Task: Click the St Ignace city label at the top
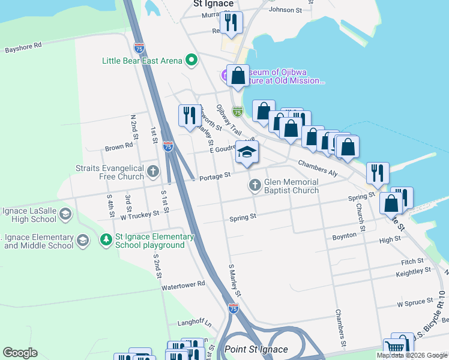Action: [x=213, y=4]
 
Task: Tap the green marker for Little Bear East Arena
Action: [x=191, y=60]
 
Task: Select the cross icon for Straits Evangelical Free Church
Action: [x=153, y=172]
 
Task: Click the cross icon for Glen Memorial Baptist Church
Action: [x=255, y=185]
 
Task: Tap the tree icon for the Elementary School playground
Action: [x=106, y=240]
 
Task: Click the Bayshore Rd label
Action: [x=23, y=46]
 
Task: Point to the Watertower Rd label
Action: [x=183, y=284]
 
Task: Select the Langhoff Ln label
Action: [x=191, y=323]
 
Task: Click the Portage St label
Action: [x=215, y=175]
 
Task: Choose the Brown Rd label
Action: [x=118, y=146]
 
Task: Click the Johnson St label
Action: [x=285, y=10]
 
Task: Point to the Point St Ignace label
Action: [x=256, y=349]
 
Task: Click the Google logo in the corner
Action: [x=20, y=353]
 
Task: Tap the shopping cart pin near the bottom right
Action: [x=395, y=346]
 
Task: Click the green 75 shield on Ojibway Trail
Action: [x=238, y=112]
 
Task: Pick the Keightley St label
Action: [x=414, y=273]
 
